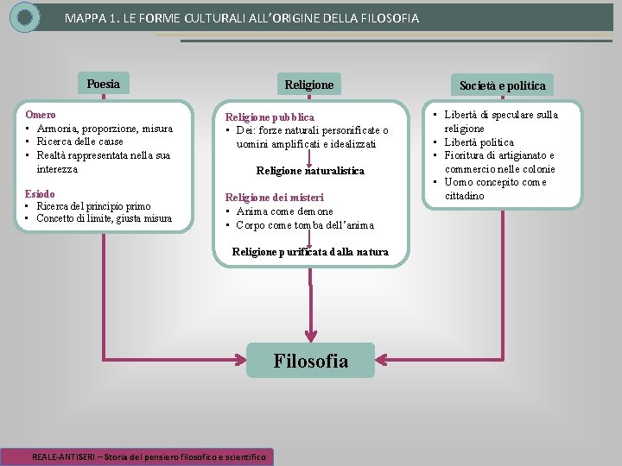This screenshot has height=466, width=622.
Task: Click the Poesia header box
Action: pos(104,84)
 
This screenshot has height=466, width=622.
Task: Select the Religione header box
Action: pos(309,85)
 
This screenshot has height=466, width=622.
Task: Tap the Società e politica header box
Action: pos(502,85)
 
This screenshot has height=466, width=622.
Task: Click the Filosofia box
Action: pos(310,361)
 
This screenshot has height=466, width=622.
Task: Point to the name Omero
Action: pos(41,114)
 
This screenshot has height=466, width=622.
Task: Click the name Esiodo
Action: pos(40,193)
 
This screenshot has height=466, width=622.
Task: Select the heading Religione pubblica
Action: pos(270,116)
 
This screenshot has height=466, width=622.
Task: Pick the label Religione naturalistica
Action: pos(310,171)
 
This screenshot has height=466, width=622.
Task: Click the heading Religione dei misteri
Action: pos(274,198)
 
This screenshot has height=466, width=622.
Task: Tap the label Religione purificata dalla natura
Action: pos(310,252)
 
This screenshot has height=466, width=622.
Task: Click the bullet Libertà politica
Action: pos(479,142)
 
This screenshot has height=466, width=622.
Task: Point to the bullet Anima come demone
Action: pos(284,211)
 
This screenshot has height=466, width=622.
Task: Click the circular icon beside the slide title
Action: pos(26,17)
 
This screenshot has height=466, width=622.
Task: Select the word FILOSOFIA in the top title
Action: pos(386,18)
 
